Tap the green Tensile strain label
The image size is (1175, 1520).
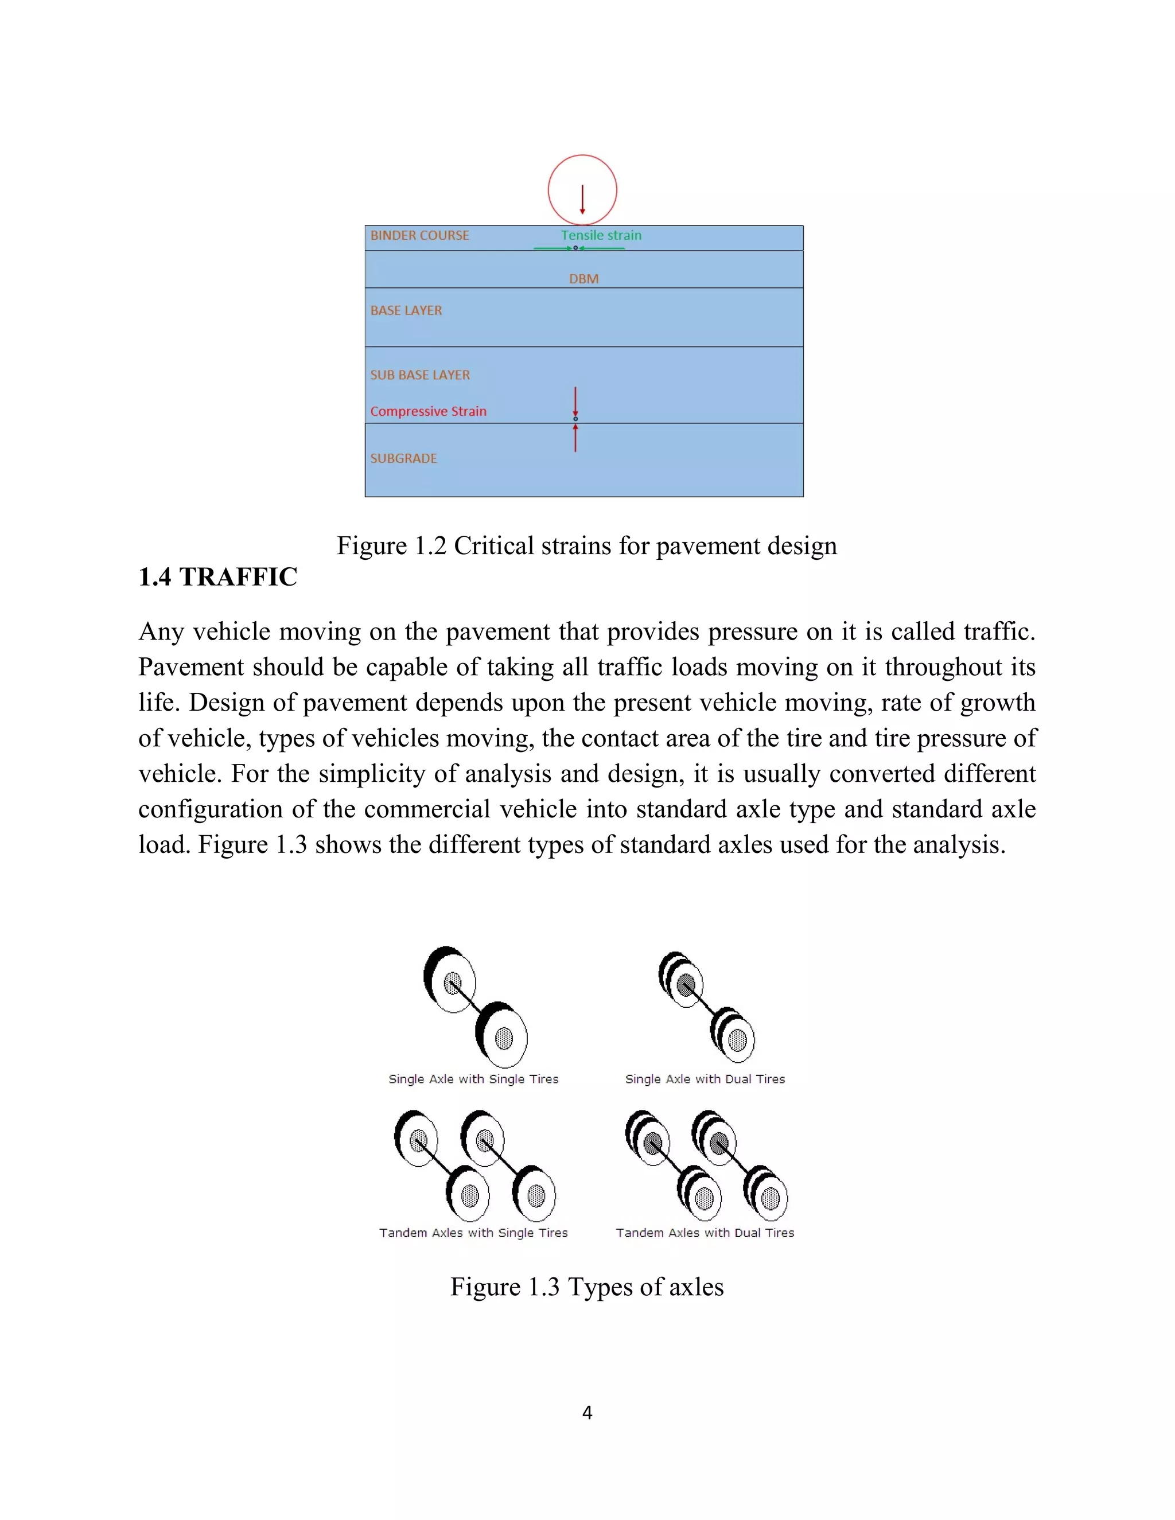point(601,235)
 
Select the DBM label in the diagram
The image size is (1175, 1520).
point(583,278)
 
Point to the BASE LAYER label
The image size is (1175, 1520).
point(406,310)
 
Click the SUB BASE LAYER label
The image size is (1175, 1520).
point(420,375)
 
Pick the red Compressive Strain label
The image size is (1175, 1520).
point(428,411)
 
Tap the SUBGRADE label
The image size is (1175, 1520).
point(404,458)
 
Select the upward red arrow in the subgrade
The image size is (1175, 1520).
point(575,438)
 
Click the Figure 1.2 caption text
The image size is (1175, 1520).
point(587,545)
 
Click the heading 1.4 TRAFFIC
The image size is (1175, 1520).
point(218,577)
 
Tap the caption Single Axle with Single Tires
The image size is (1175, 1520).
point(473,1079)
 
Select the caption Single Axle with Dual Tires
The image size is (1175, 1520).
point(705,1079)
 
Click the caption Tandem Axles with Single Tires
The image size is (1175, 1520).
point(473,1233)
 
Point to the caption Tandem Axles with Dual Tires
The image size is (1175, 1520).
point(705,1233)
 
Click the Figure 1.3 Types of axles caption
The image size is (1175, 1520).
point(587,1287)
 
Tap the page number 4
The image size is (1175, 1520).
point(587,1412)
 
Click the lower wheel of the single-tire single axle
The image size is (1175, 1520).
point(503,1038)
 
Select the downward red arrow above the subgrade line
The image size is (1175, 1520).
point(575,402)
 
